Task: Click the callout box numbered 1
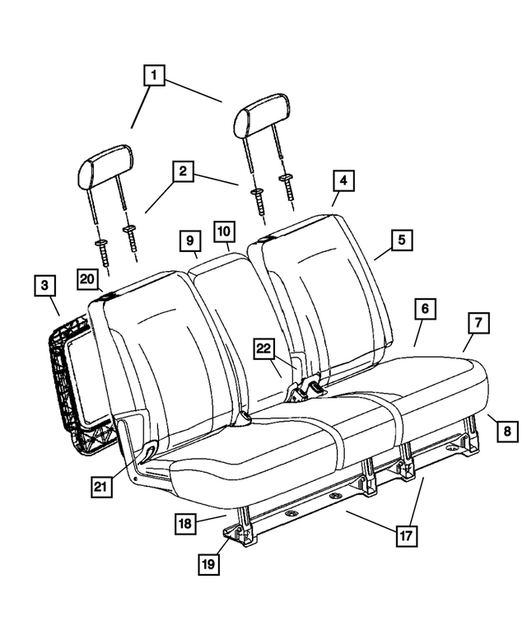pyautogui.click(x=155, y=77)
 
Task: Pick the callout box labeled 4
pyautogui.click(x=343, y=181)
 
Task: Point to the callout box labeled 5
pyautogui.click(x=402, y=241)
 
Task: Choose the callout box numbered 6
pyautogui.click(x=425, y=311)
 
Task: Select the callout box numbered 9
pyautogui.click(x=190, y=241)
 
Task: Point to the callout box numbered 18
pyautogui.click(x=186, y=522)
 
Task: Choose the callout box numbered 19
pyautogui.click(x=209, y=563)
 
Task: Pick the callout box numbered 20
pyautogui.click(x=88, y=280)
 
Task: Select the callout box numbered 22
pyautogui.click(x=263, y=349)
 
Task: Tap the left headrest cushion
pyautogui.click(x=105, y=166)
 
